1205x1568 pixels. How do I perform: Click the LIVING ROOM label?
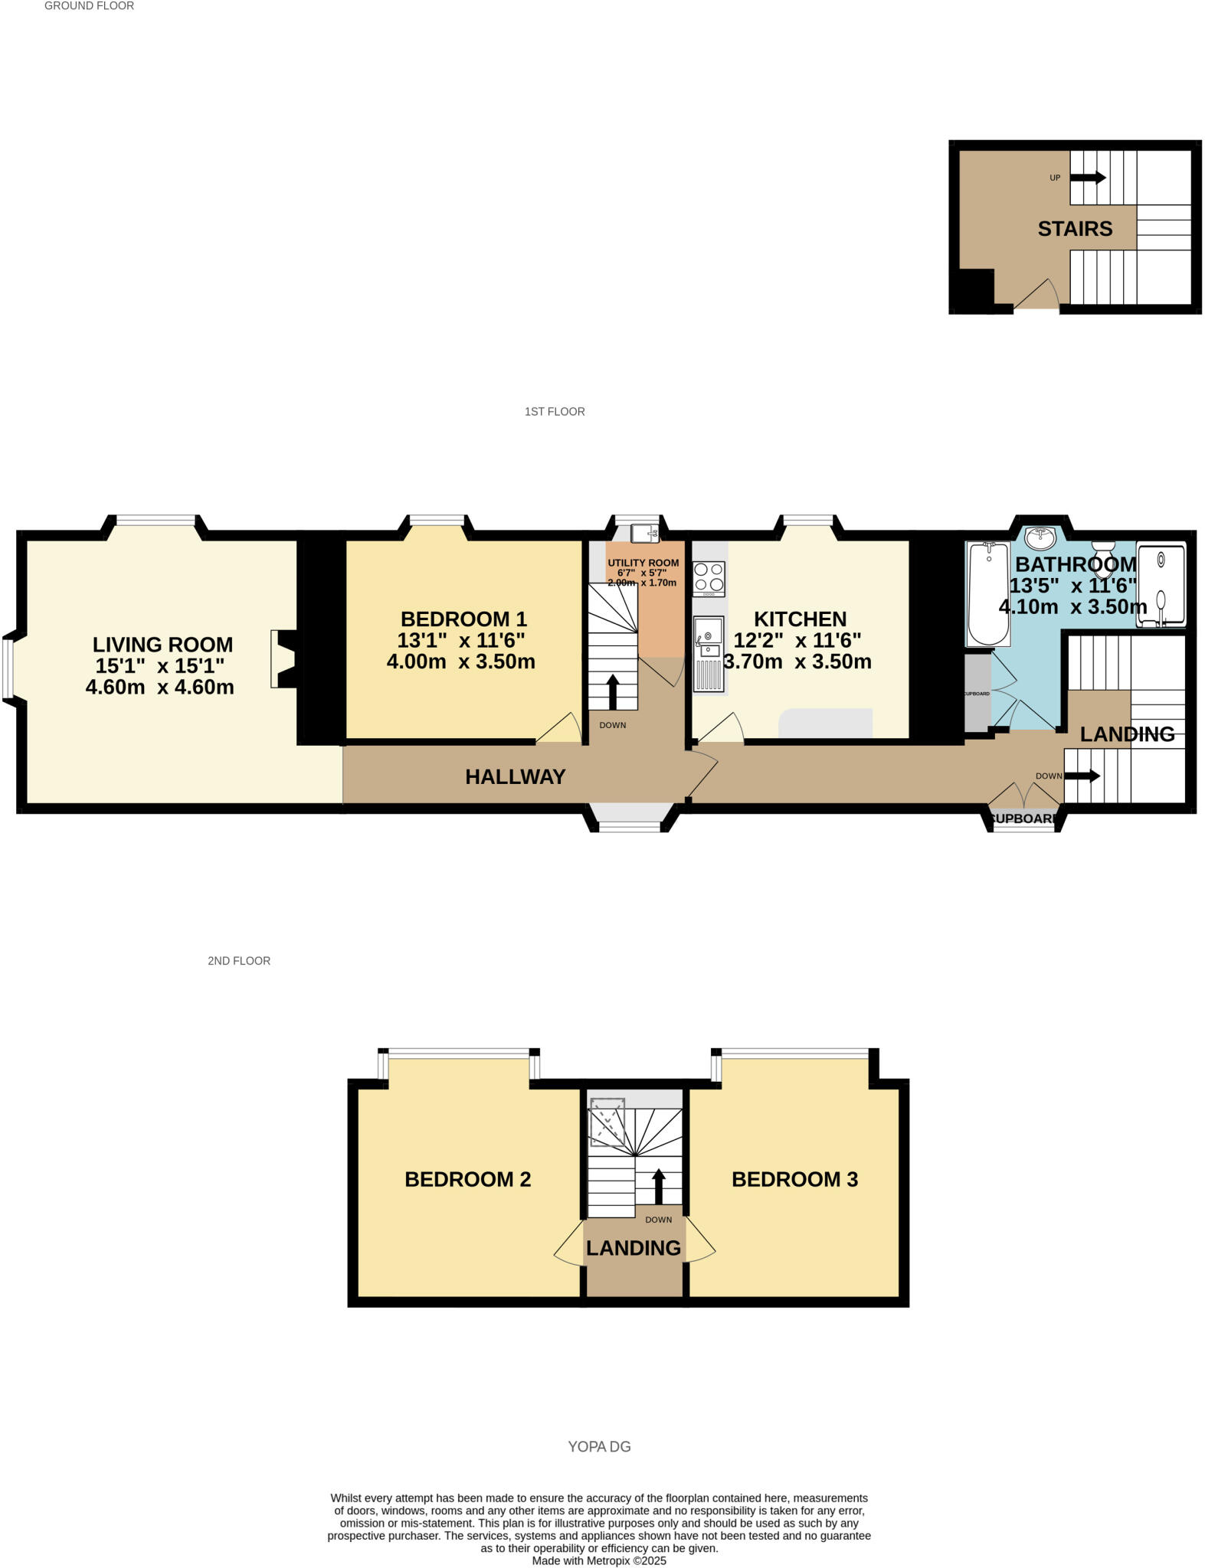click(x=162, y=645)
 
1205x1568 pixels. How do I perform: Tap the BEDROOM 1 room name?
click(x=463, y=619)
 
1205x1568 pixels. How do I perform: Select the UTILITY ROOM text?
click(x=643, y=563)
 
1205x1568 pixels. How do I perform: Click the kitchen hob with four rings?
click(x=709, y=578)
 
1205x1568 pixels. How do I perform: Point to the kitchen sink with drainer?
click(x=709, y=654)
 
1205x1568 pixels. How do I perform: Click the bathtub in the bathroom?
click(x=988, y=594)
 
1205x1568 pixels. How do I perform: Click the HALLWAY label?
click(x=515, y=777)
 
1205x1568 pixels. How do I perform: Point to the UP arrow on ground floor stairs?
click(x=1087, y=178)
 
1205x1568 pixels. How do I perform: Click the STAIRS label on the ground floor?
click(x=1075, y=229)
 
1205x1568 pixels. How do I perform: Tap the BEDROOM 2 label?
click(x=467, y=1179)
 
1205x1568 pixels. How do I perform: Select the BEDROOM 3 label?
click(x=794, y=1179)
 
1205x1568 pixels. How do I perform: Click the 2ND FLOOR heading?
click(x=239, y=961)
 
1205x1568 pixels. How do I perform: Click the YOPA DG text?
click(x=599, y=1446)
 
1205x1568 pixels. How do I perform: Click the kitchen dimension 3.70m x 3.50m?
click(x=797, y=661)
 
